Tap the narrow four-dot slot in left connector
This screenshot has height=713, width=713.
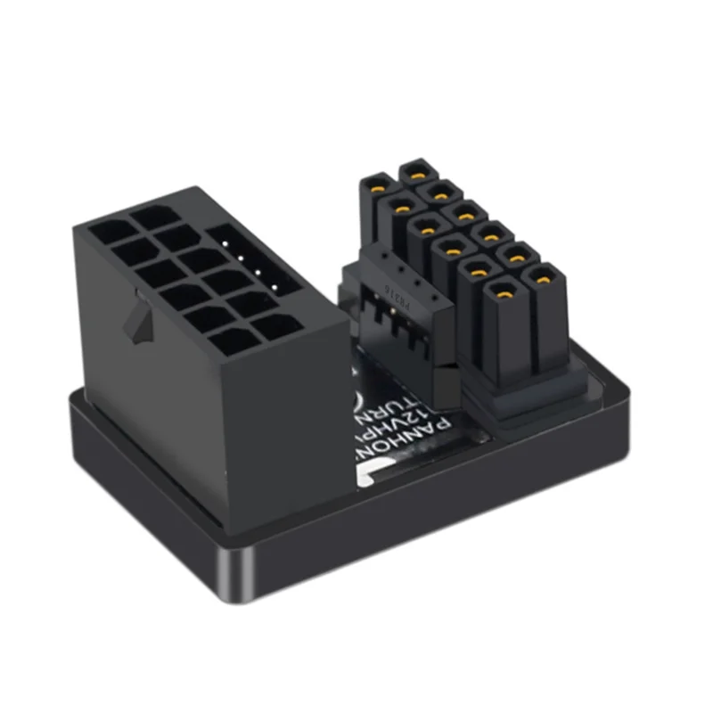coord(255,264)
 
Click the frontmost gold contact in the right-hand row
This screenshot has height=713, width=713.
coord(541,276)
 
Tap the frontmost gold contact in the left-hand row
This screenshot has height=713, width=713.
coord(504,291)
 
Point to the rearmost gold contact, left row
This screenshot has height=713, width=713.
coord(377,185)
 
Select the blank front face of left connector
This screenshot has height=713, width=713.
coord(276,419)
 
